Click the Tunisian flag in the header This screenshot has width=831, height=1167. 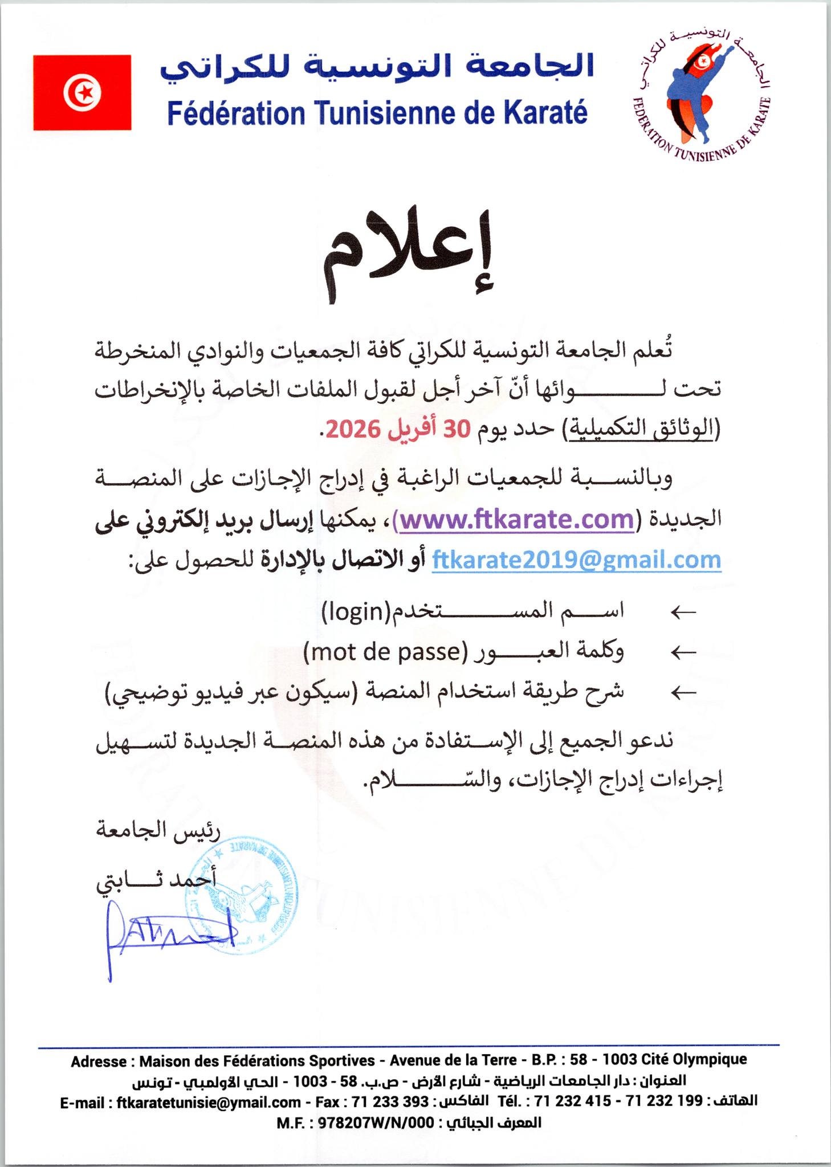82,92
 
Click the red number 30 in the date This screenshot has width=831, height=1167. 457,430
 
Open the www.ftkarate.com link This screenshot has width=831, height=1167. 516,519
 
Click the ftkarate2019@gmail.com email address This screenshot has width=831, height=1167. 577,559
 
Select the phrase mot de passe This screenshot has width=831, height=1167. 385,651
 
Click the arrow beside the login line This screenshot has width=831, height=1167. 683,613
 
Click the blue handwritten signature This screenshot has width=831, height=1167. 171,933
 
